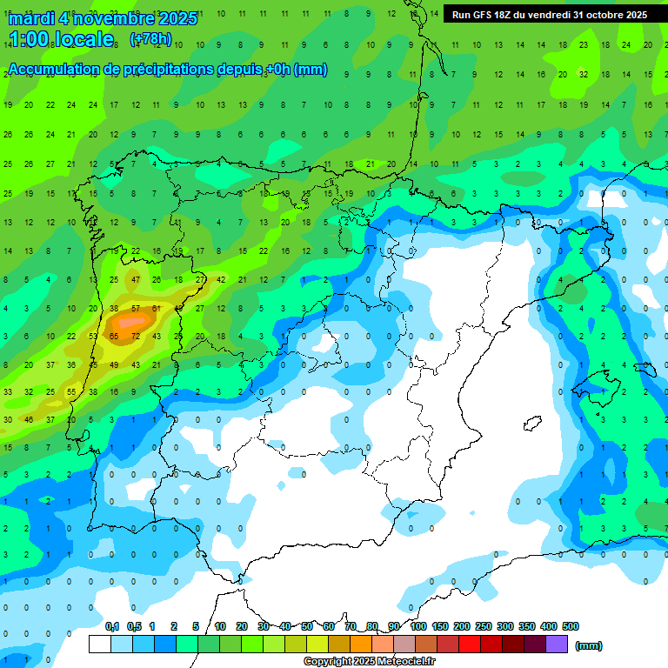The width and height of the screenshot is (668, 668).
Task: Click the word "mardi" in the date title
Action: point(32,18)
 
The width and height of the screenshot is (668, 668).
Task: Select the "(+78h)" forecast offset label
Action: point(150,39)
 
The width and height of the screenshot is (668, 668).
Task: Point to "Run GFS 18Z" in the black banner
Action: point(491,15)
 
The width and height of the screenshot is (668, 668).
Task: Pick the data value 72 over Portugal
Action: point(136,336)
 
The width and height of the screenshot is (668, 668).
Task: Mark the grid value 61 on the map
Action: point(157,308)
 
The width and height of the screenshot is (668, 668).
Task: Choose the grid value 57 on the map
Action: point(136,308)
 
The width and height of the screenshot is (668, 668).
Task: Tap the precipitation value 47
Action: point(136,280)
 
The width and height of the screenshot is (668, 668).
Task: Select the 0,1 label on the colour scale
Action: point(112,626)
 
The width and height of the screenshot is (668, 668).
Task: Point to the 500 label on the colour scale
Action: point(571,626)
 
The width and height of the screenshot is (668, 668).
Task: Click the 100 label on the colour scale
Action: point(417,626)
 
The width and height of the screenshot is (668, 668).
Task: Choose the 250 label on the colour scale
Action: point(483,626)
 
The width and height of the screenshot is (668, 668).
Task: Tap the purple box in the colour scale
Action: point(558,644)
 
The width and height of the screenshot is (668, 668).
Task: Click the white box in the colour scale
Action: point(100,644)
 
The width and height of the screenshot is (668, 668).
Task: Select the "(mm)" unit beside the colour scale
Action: point(590,645)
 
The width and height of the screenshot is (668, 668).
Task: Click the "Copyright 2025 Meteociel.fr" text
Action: point(369,662)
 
